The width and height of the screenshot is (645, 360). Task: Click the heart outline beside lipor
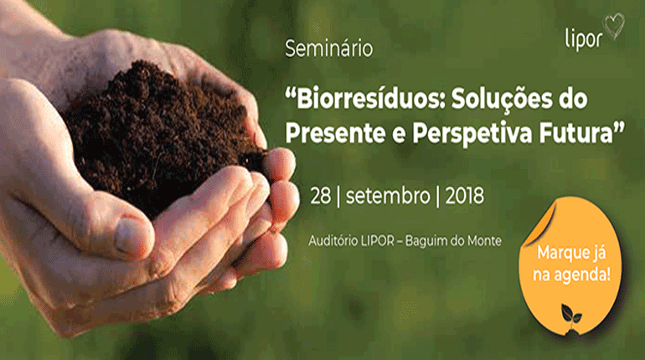615,28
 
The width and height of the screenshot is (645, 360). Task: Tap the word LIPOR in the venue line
384,240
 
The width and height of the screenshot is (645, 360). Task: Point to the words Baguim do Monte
457,240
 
